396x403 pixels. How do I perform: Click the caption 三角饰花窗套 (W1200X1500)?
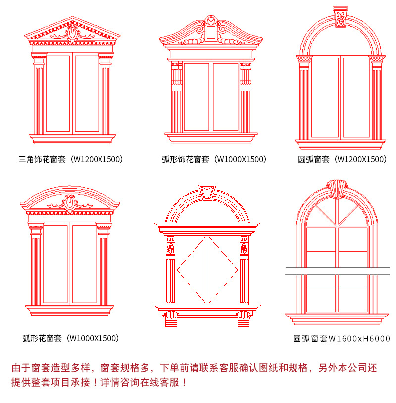(71, 159)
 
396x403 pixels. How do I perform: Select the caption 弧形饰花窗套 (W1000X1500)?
(214, 159)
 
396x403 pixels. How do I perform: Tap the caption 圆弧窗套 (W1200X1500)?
(342, 159)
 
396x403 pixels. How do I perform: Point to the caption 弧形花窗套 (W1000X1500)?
(71, 338)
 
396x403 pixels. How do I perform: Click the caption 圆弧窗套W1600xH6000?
(342, 339)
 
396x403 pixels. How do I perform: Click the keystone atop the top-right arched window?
(340, 17)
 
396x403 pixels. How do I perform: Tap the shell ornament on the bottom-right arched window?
(337, 187)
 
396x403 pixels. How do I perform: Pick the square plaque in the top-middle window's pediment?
(211, 32)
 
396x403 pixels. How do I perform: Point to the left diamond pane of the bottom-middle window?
(191, 270)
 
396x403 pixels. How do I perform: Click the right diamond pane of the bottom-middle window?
(223, 270)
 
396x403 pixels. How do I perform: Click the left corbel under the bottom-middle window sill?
(171, 318)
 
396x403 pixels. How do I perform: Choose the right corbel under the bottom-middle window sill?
(244, 318)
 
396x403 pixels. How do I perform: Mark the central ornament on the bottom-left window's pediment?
(70, 202)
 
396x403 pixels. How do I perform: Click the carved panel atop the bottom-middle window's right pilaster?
(244, 245)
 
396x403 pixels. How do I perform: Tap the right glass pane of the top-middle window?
(226, 97)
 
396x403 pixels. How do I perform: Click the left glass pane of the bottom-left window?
(55, 264)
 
